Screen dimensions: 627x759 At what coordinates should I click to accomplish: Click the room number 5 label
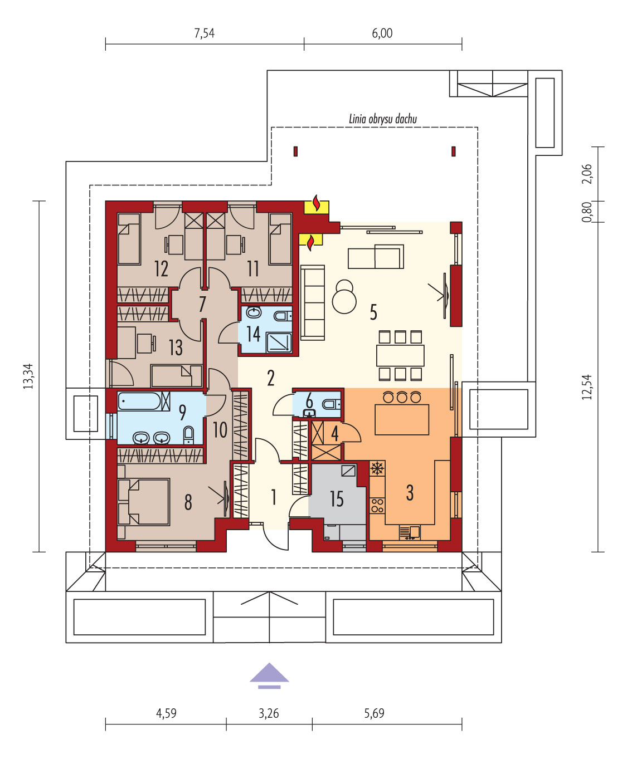point(373,312)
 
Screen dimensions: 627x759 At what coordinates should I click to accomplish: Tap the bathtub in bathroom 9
point(140,401)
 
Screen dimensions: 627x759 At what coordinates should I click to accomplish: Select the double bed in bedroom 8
point(144,502)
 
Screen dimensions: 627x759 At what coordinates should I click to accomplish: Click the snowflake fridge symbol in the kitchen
point(377,468)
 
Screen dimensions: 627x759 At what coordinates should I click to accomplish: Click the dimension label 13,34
point(28,376)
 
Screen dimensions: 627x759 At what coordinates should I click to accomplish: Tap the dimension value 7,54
point(204,33)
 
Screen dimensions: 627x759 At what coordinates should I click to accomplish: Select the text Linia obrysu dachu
point(383,119)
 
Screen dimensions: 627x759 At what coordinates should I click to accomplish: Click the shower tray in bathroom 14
point(279,342)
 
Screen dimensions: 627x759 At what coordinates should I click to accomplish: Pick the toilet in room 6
point(331,404)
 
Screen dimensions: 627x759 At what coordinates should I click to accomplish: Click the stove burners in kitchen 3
point(377,506)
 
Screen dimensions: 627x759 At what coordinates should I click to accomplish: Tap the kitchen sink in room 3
point(410,532)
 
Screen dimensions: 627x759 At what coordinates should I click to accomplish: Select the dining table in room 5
point(400,355)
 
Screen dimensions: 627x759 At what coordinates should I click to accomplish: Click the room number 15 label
point(337,499)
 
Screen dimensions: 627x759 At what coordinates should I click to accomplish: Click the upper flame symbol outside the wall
point(317,204)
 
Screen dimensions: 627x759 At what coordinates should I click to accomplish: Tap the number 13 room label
point(176,347)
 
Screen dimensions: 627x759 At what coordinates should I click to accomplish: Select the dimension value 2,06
point(587,174)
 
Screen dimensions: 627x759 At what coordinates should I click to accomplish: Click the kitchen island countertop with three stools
point(402,419)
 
